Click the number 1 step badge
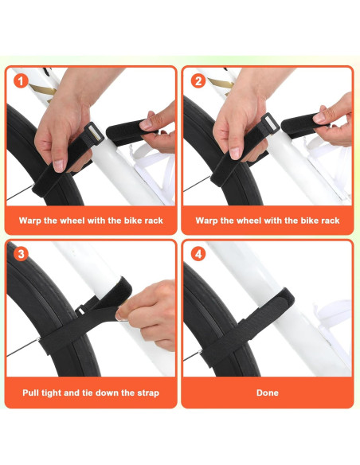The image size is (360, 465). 21,80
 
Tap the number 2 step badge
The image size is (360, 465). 197,80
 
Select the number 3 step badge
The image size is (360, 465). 21,254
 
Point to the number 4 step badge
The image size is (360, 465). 197,254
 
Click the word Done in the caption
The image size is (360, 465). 267,393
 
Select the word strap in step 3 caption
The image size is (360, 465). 146,393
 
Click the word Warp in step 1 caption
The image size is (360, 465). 37,220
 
